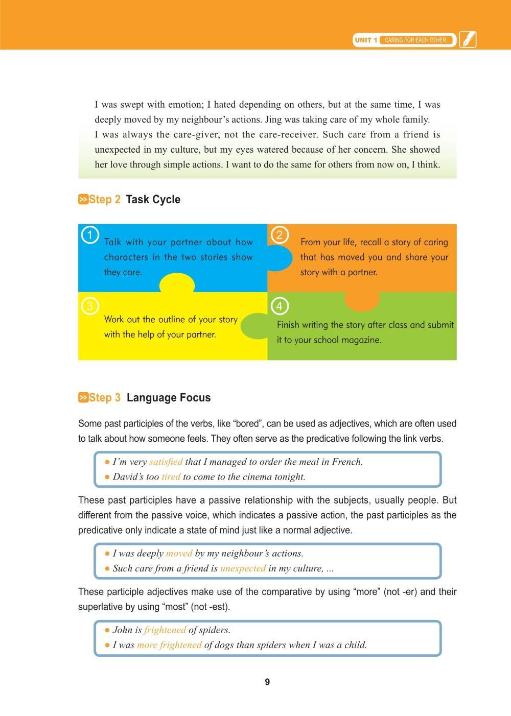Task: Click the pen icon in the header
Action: (x=468, y=40)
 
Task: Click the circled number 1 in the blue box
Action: (x=90, y=235)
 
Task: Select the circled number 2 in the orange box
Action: (x=279, y=235)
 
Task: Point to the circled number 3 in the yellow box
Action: (x=90, y=306)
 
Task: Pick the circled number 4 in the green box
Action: (x=279, y=306)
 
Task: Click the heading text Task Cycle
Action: (x=153, y=200)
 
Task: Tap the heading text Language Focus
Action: (x=168, y=398)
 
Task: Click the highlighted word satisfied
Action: (x=166, y=462)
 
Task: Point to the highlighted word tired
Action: (x=171, y=477)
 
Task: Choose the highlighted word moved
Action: (x=179, y=553)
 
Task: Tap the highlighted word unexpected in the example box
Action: (x=243, y=568)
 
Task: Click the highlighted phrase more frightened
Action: (x=169, y=645)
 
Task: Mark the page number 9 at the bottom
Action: (x=267, y=682)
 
